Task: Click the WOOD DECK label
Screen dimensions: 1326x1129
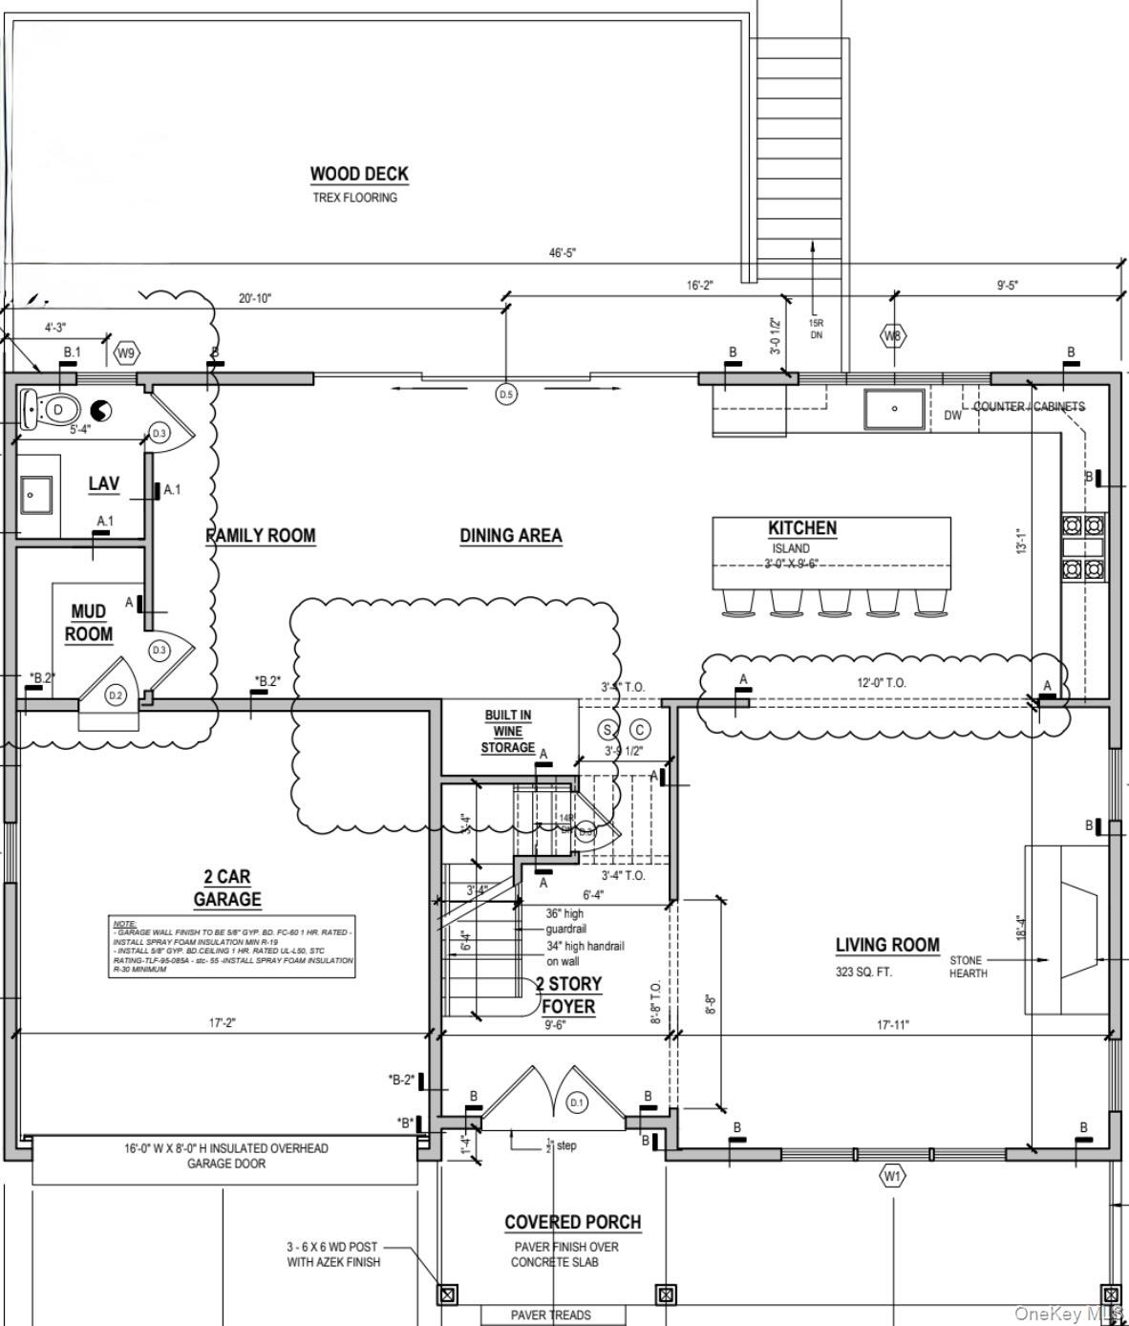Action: tap(358, 174)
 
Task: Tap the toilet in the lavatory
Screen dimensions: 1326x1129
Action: tap(47, 410)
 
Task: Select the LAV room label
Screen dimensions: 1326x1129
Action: tap(104, 483)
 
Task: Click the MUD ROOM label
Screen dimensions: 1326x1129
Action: tap(89, 623)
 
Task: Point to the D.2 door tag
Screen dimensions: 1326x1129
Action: tap(116, 695)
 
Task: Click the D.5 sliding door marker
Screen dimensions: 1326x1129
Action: tap(506, 394)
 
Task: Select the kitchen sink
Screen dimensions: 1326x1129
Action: tap(895, 409)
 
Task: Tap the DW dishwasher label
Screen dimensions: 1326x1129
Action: tap(952, 416)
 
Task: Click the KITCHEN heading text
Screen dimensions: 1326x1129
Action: tap(802, 527)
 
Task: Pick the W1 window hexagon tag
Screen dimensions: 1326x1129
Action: tap(891, 1176)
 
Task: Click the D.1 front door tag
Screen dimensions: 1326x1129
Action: tap(577, 1102)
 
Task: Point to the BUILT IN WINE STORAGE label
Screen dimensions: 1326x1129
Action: tap(508, 731)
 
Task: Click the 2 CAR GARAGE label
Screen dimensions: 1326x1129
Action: tap(227, 888)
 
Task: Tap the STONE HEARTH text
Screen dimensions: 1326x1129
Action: tap(968, 967)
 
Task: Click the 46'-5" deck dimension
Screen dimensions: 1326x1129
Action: tap(562, 253)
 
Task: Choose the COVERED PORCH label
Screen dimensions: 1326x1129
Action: tap(572, 1222)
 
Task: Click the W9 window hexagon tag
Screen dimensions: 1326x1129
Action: tap(126, 353)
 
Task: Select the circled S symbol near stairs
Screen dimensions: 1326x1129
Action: tap(607, 730)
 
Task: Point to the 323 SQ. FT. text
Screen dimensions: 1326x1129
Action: tap(865, 973)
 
